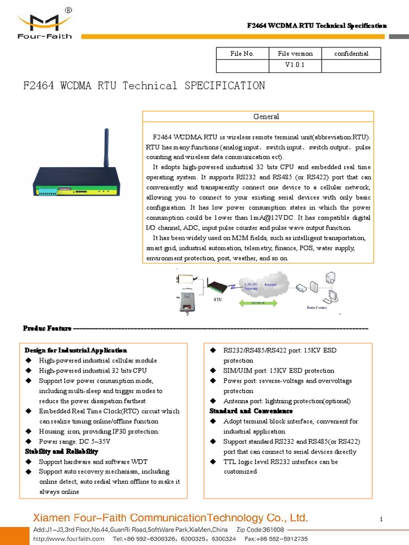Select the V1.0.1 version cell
point(295,65)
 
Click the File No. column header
point(242,53)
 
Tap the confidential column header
point(351,53)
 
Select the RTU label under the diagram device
point(217,300)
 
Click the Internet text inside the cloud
point(271,285)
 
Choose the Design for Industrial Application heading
point(76,350)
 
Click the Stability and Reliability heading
point(62,451)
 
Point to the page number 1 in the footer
point(382,519)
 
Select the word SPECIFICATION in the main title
point(224,86)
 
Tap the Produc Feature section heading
point(47,328)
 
